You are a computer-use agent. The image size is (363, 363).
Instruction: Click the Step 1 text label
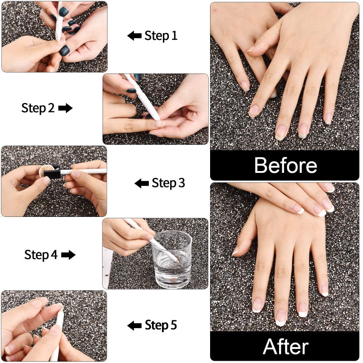(x=161, y=36)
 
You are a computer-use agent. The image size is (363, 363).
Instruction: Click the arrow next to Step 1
(x=134, y=36)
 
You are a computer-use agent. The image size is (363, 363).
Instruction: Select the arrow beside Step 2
(x=65, y=108)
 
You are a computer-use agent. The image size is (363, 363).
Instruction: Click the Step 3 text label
(x=168, y=183)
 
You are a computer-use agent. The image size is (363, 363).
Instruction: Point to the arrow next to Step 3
(x=142, y=183)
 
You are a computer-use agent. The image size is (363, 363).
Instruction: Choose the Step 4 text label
(x=41, y=255)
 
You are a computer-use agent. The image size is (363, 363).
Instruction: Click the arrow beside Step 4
(x=68, y=255)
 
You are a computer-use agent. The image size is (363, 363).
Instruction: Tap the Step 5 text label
(x=161, y=325)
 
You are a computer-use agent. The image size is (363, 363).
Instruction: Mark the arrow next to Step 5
(x=134, y=325)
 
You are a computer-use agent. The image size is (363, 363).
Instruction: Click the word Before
(x=285, y=166)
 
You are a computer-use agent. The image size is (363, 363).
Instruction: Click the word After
(x=285, y=347)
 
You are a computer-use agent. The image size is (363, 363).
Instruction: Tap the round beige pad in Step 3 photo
(x=44, y=172)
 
